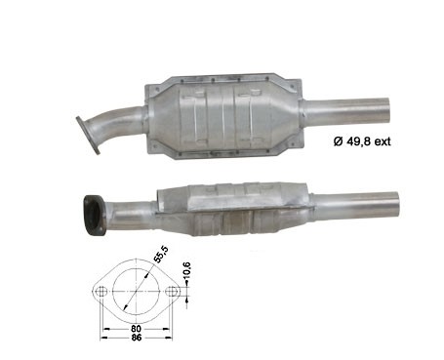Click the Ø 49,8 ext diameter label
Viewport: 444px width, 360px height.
[x=362, y=141]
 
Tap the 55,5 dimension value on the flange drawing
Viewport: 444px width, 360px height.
[x=161, y=255]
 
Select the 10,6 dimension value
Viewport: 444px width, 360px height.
[x=186, y=270]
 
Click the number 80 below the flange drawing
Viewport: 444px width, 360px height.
[x=137, y=329]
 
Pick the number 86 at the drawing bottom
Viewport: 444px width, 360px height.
[x=137, y=338]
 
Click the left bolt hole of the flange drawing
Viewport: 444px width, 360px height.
[x=101, y=291]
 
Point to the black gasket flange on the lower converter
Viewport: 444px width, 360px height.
[x=95, y=215]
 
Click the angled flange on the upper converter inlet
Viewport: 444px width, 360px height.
[x=88, y=135]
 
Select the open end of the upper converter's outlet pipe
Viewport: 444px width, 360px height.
[x=385, y=111]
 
